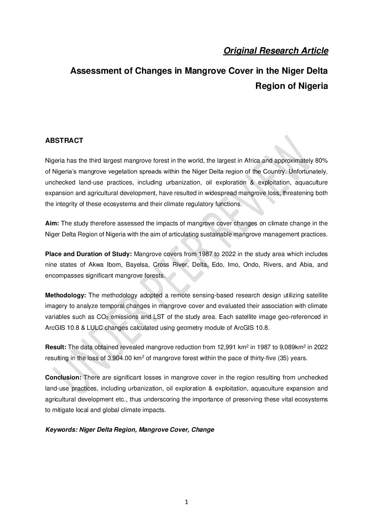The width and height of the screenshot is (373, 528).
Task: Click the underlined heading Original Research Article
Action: coord(276,51)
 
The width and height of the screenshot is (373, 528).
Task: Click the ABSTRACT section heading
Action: coord(64,140)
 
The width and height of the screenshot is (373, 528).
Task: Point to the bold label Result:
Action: coord(55,347)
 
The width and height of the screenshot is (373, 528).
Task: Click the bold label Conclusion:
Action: coord(63,377)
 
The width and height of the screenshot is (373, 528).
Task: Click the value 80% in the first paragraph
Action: coord(321,161)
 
